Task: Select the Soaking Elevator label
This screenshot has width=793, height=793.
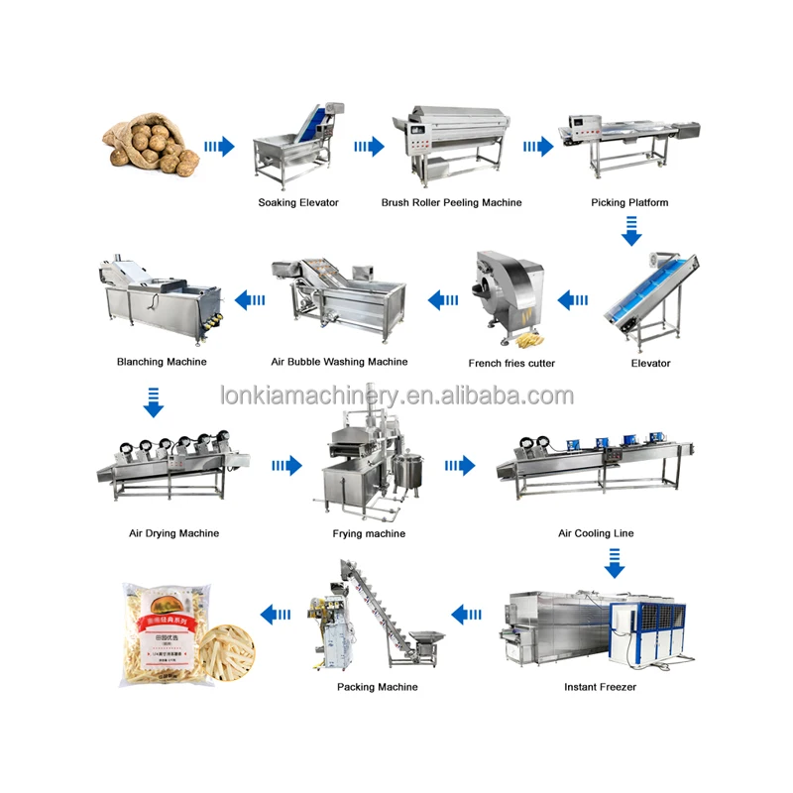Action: point(298,202)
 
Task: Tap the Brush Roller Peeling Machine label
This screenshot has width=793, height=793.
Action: point(451,202)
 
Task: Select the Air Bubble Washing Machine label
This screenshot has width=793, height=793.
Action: point(339,362)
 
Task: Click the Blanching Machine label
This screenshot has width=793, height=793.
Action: point(162,362)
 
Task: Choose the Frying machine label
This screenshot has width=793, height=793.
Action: point(369,533)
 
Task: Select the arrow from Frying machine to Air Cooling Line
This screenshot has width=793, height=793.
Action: point(459,465)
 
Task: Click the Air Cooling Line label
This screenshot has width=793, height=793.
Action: point(596,533)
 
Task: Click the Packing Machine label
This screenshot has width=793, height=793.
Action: point(377,686)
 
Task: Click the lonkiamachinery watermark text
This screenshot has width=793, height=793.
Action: point(396,396)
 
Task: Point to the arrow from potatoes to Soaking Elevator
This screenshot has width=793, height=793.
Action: point(219,147)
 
